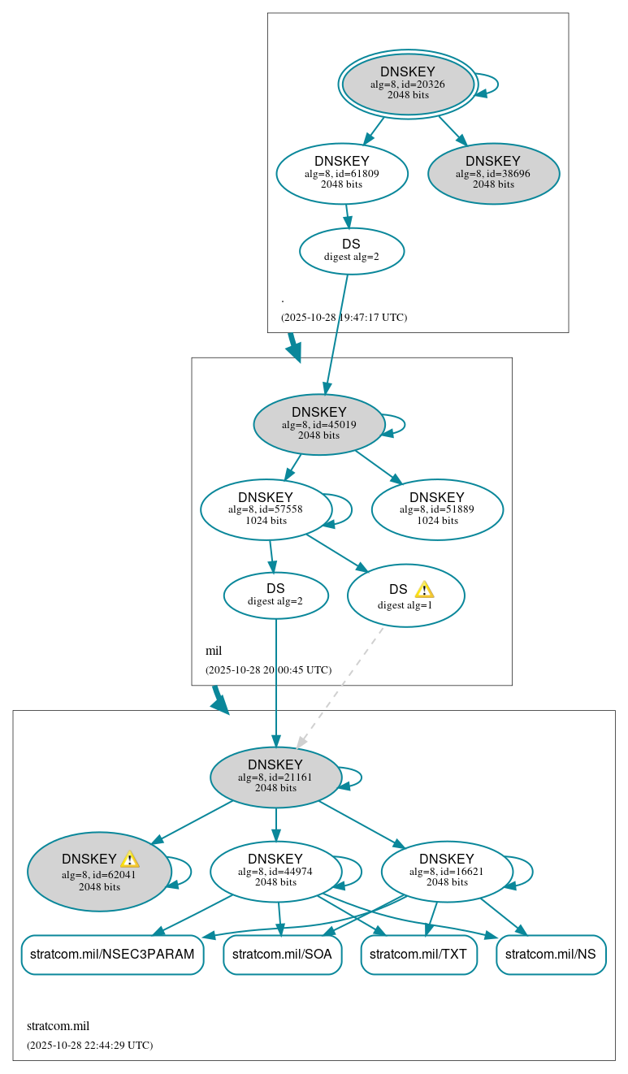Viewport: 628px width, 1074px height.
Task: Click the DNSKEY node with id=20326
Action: pyautogui.click(x=408, y=84)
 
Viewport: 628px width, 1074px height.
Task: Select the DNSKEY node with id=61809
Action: pyautogui.click(x=341, y=173)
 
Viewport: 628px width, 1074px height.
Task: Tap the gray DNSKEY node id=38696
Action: pyautogui.click(x=493, y=173)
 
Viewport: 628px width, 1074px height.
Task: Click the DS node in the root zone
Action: pyautogui.click(x=351, y=250)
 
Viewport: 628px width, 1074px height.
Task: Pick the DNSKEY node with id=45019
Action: pyautogui.click(x=318, y=424)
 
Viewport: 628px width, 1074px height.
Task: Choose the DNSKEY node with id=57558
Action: pyautogui.click(x=266, y=509)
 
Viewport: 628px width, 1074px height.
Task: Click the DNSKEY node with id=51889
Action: pyautogui.click(x=437, y=509)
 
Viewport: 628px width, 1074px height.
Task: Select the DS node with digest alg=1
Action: pyautogui.click(x=405, y=595)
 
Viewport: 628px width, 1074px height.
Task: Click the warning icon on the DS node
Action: pyautogui.click(x=424, y=589)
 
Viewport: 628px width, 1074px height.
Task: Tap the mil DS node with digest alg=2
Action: pyautogui.click(x=275, y=595)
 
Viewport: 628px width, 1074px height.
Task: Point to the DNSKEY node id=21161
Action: pyautogui.click(x=275, y=777)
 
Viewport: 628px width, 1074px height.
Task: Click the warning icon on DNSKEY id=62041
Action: pyautogui.click(x=130, y=859)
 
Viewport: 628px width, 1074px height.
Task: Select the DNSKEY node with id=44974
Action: pyautogui.click(x=275, y=871)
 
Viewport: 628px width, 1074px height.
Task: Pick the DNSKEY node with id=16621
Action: pyautogui.click(x=446, y=871)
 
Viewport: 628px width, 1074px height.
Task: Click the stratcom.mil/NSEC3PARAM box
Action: pyautogui.click(x=112, y=954)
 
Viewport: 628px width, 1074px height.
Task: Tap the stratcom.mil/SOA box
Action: pyautogui.click(x=282, y=954)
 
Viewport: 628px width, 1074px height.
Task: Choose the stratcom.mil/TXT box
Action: pyautogui.click(x=418, y=954)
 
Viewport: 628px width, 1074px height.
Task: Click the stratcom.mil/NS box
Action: pyautogui.click(x=551, y=954)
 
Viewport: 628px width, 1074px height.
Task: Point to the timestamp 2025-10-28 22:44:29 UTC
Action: pyautogui.click(x=89, y=1045)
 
